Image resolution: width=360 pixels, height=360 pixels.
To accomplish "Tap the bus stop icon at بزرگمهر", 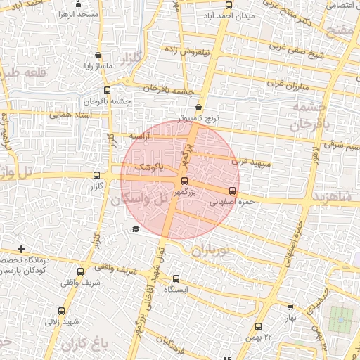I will [x=184, y=181].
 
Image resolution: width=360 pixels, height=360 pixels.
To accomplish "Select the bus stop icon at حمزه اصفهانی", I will [x=232, y=191].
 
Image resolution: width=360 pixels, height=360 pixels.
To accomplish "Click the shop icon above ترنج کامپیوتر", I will [x=199, y=108].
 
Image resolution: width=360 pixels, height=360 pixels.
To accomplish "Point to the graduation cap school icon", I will [x=136, y=229].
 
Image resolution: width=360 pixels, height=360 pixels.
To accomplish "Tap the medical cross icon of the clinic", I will [x=22, y=249].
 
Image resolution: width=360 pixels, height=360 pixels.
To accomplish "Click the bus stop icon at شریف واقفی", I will [x=79, y=271].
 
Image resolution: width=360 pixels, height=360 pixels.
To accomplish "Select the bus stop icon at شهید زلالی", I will [x=60, y=311].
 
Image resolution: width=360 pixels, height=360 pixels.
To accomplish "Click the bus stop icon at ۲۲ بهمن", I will [x=258, y=327].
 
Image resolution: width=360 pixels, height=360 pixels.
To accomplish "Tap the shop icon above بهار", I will [x=291, y=307].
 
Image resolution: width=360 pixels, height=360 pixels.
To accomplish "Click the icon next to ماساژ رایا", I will [x=97, y=56].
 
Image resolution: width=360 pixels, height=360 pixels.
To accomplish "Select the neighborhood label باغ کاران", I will [x=82, y=344].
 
